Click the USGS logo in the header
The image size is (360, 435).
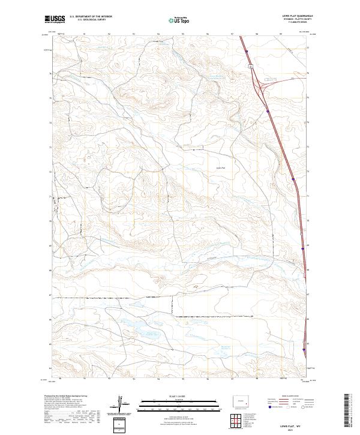click(x=55, y=19)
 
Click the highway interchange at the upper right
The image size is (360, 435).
click(x=263, y=88)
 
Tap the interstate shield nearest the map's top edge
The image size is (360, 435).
click(x=247, y=53)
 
